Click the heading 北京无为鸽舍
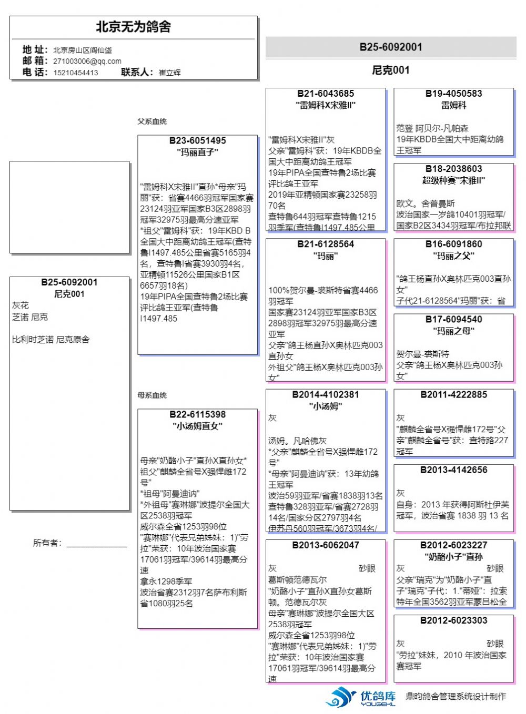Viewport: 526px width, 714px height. [x=133, y=27]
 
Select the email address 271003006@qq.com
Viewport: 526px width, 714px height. [x=87, y=62]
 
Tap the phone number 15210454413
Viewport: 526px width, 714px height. [x=75, y=73]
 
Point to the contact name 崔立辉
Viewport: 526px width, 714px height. [x=169, y=73]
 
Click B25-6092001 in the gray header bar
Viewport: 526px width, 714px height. [x=390, y=47]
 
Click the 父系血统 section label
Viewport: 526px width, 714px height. [x=152, y=121]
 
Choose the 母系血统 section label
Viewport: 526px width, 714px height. [x=152, y=395]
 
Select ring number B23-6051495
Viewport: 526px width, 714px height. [x=197, y=141]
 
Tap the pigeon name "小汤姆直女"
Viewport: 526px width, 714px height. [x=197, y=426]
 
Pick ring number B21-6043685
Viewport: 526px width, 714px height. [x=326, y=94]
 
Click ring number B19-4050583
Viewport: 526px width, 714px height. [x=453, y=94]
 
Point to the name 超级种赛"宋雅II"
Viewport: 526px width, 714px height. [x=453, y=180]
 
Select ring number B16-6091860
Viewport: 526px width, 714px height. [x=453, y=244]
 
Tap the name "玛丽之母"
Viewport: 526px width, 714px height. [x=453, y=331]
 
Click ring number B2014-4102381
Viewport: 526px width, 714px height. [x=326, y=394]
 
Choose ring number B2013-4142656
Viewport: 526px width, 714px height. [x=453, y=470]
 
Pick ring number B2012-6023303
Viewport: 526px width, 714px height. [x=453, y=620]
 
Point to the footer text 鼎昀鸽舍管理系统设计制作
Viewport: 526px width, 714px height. [x=456, y=697]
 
